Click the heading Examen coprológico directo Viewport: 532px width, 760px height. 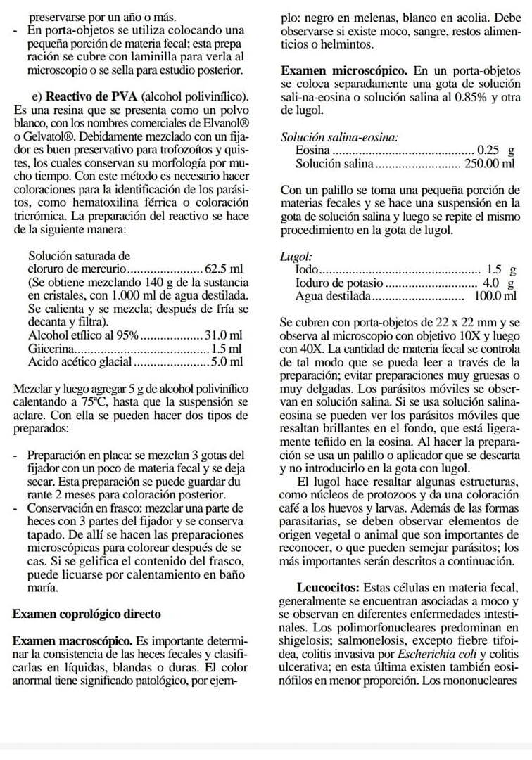87,614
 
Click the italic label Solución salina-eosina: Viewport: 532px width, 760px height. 338,138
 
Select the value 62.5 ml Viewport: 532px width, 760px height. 224,269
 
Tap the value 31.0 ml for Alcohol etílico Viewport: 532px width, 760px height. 224,335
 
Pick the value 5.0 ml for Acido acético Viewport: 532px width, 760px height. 227,362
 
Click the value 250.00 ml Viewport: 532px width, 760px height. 490,164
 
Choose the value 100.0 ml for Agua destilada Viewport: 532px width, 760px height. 496,296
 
